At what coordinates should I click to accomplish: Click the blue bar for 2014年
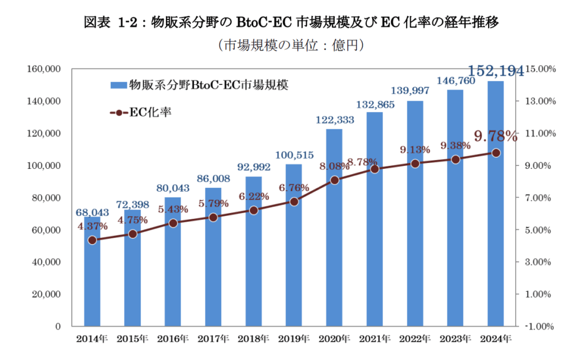[x=92, y=276]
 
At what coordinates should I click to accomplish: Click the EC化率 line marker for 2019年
[x=294, y=202]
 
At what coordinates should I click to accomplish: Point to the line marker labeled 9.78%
[x=496, y=153]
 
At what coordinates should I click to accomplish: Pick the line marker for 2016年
[x=173, y=223]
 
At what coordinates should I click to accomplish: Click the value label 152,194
[x=496, y=72]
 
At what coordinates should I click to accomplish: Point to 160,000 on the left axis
[x=45, y=69]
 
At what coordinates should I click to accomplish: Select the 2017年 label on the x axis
[x=213, y=339]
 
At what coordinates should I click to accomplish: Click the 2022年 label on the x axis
[x=415, y=339]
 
